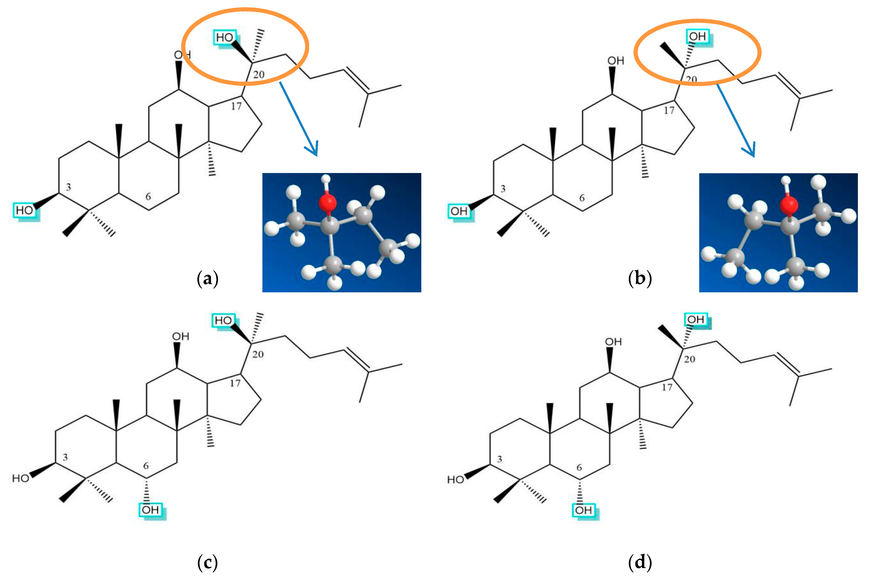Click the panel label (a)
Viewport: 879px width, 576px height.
(207, 279)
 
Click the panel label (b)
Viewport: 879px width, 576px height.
(640, 279)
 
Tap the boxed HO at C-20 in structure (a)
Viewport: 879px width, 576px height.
(225, 38)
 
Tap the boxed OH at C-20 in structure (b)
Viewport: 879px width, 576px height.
(697, 37)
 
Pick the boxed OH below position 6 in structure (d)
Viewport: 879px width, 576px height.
(583, 510)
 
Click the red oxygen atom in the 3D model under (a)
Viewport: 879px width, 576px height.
(327, 202)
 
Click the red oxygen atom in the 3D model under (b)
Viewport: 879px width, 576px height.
(789, 205)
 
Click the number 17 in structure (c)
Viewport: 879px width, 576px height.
(235, 383)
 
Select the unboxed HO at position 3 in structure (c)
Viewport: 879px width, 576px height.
(20, 478)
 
